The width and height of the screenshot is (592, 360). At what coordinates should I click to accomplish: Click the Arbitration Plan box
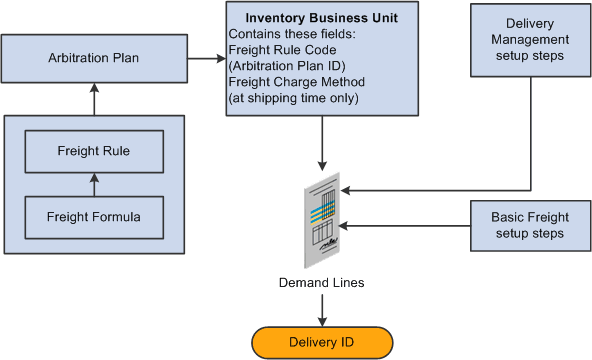(x=93, y=59)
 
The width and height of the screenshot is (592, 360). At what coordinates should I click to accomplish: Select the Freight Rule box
(x=93, y=153)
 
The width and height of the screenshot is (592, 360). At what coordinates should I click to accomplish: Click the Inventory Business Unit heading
(x=320, y=17)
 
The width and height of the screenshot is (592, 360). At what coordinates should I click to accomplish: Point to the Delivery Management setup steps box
(x=529, y=41)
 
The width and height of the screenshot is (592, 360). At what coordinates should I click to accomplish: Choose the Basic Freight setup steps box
(x=529, y=225)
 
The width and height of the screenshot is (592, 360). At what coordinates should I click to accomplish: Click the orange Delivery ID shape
(x=320, y=341)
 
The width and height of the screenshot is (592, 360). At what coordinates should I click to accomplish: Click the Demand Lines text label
(x=320, y=284)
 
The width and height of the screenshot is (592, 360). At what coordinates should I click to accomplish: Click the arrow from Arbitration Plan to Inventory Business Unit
(x=205, y=59)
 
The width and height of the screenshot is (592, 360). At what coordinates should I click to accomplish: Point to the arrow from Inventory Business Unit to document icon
(x=320, y=141)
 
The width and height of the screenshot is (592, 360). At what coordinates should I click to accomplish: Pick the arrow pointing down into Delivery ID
(x=320, y=311)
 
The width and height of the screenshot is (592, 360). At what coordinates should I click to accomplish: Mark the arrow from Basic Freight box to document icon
(x=405, y=225)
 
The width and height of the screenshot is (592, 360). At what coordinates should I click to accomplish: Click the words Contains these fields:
(x=288, y=32)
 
